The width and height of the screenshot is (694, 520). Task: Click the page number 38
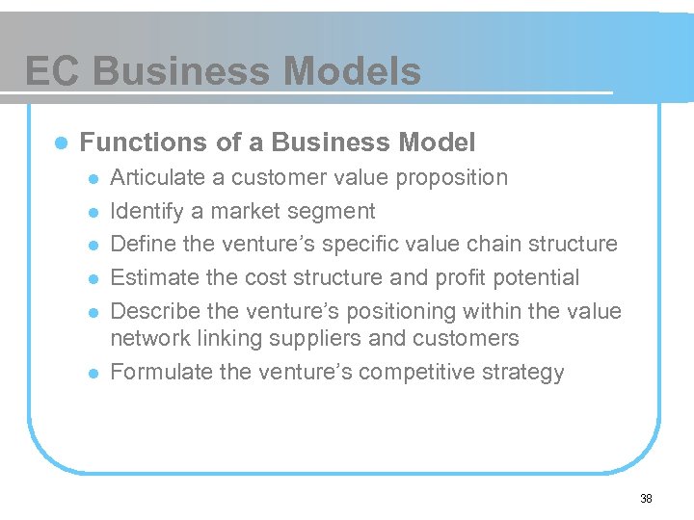(646, 498)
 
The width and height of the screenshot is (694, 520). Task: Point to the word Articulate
(154, 178)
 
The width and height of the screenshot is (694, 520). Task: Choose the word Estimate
(149, 278)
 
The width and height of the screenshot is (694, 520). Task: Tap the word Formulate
(155, 373)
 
